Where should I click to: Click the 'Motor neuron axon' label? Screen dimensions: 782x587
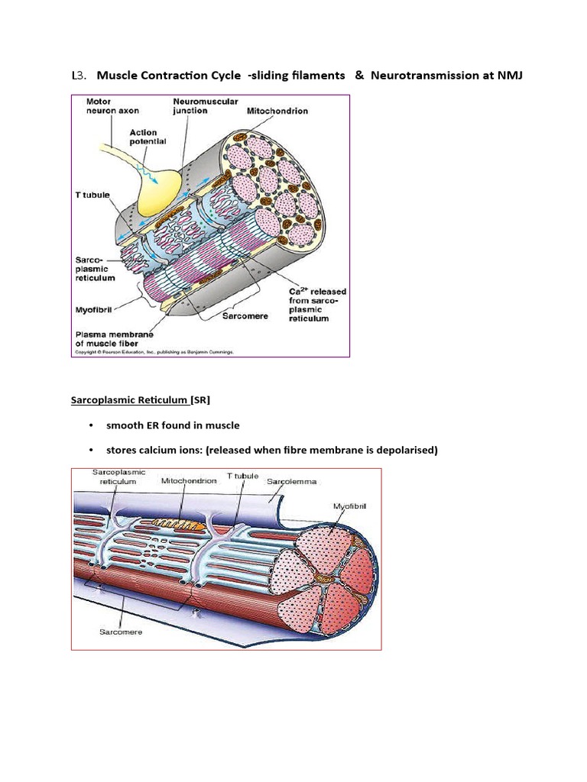[102, 105]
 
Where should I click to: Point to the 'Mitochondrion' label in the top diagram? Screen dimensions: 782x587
[277, 111]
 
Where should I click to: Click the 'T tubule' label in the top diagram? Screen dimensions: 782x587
[92, 195]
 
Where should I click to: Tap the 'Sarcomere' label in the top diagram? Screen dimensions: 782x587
[245, 316]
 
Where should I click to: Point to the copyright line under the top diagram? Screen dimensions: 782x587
[154, 352]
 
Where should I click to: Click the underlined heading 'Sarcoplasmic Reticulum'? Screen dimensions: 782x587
[129, 399]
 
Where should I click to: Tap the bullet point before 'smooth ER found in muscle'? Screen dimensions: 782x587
[90, 425]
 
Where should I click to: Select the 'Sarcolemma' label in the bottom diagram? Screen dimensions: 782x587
[291, 482]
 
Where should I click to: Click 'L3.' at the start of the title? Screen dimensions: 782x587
[79, 75]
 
